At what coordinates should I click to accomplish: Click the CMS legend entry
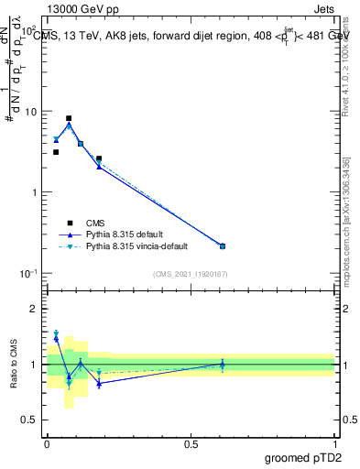point(96,223)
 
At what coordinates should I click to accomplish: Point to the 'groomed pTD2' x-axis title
point(301,457)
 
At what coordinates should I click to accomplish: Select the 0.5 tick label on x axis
point(191,443)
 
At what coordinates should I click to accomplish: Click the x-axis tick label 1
point(335,443)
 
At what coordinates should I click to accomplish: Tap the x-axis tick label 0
point(47,443)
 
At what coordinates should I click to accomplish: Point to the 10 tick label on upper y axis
point(29,112)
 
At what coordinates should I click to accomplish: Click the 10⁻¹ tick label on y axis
point(27,274)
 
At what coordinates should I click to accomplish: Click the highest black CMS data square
point(69,118)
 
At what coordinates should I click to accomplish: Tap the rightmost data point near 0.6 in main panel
point(223,245)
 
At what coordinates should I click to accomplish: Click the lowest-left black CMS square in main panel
point(56,152)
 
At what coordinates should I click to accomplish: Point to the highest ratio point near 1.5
point(56,333)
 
